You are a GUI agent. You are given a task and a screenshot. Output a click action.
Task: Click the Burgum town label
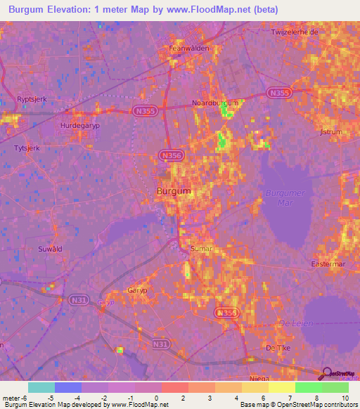pos(173,191)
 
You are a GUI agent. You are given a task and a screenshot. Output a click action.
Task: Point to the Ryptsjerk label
pos(32,100)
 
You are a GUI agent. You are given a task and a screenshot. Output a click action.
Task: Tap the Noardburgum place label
pos(216,103)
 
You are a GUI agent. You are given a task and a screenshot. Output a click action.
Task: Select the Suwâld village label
pos(50,249)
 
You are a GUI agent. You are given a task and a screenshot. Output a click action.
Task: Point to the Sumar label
pos(201,249)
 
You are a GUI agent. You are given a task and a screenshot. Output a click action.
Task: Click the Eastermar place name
pos(327,264)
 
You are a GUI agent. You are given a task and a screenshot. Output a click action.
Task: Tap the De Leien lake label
pos(295,323)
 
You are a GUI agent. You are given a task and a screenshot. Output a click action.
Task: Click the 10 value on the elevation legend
pos(345,398)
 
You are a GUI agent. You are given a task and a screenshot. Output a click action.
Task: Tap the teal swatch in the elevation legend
pos(41,387)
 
